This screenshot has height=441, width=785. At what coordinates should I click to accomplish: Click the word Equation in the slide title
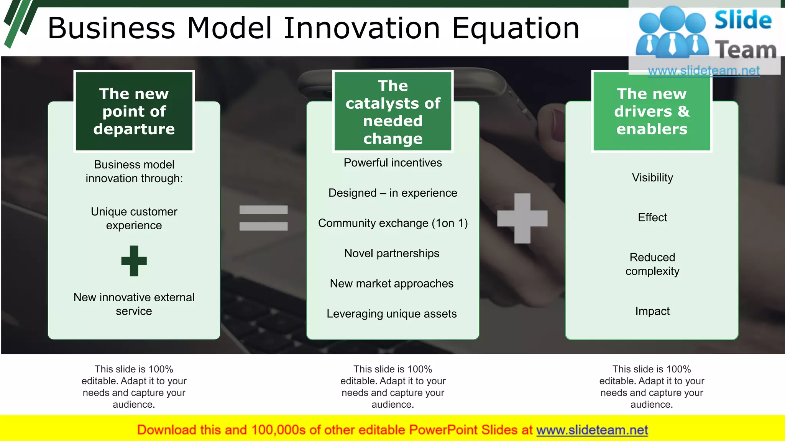tap(516, 28)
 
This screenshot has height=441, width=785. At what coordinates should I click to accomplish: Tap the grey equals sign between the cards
tap(263, 218)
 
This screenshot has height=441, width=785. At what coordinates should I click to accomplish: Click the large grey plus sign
tap(522, 218)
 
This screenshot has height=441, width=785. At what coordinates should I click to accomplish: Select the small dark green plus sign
tap(134, 261)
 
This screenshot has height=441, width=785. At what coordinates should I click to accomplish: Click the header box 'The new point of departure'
tap(134, 111)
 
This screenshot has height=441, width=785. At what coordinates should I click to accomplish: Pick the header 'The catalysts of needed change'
tap(393, 111)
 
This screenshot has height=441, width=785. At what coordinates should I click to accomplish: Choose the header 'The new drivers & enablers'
tap(652, 111)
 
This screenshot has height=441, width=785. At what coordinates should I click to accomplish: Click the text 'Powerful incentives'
tap(392, 163)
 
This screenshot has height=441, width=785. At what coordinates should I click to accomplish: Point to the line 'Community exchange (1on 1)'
tap(392, 223)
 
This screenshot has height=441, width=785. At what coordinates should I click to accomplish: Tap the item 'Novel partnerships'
tap(391, 253)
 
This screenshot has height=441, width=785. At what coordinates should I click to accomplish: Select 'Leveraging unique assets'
tap(391, 314)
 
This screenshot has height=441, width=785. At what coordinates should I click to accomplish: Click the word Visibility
tap(652, 178)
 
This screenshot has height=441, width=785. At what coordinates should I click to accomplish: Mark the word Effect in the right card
tap(652, 217)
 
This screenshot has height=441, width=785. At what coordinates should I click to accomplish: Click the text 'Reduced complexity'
tap(652, 264)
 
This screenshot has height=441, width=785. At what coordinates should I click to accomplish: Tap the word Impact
tap(652, 311)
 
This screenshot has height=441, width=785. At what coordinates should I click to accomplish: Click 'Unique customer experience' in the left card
tap(134, 219)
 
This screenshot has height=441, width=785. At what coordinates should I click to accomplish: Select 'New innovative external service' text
tap(134, 304)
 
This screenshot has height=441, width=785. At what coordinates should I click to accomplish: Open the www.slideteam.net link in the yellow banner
tap(592, 430)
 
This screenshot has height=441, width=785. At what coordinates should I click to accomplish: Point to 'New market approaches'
tap(391, 284)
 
